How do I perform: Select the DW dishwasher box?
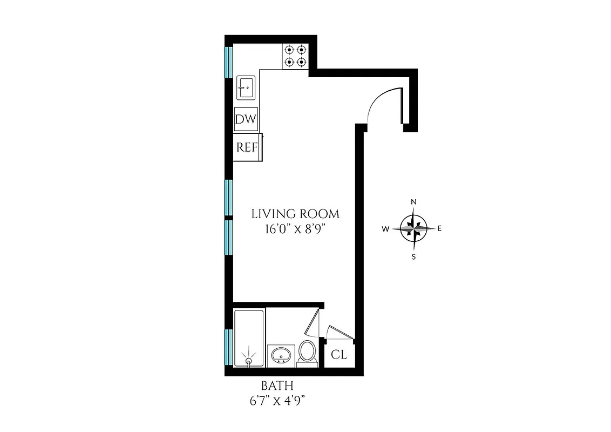click(246, 119)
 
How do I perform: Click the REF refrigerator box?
click(247, 147)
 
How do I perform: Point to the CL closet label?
click(338, 355)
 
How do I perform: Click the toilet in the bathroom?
click(308, 352)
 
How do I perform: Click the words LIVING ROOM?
click(296, 214)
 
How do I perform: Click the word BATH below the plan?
click(277, 386)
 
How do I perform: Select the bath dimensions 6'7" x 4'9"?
click(277, 401)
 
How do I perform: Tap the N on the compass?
click(413, 202)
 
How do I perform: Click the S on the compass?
click(413, 257)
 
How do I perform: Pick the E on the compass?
click(440, 228)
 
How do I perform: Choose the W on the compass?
click(386, 229)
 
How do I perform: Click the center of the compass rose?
click(413, 228)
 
